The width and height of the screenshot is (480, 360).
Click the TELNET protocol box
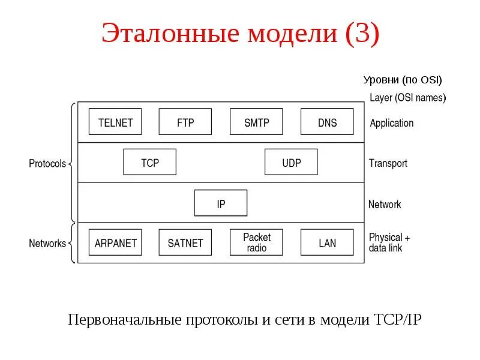coord(115,122)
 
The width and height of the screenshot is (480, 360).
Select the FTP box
coord(185,122)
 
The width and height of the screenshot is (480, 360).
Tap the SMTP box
coord(256,122)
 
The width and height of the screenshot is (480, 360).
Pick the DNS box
coord(327,122)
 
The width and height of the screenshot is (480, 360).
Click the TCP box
coord(150,162)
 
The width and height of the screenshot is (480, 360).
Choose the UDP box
coord(291,162)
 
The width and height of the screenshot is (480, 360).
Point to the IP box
coord(221,203)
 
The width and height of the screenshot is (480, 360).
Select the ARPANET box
coord(115,242)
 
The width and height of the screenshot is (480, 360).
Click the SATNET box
coord(185,242)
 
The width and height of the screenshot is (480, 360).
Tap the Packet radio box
coord(256,242)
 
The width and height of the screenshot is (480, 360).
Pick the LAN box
coord(327,242)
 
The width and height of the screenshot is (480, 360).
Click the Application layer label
coord(391,123)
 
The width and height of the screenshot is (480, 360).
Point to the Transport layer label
coord(388,163)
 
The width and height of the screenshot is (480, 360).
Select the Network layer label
coord(385,204)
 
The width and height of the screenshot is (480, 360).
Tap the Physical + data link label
coord(389,242)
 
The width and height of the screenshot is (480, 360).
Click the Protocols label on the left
coord(47,163)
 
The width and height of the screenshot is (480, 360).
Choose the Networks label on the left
coord(47,244)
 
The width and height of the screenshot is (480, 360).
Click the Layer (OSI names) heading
coord(407,97)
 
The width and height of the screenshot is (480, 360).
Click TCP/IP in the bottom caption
coord(398,319)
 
